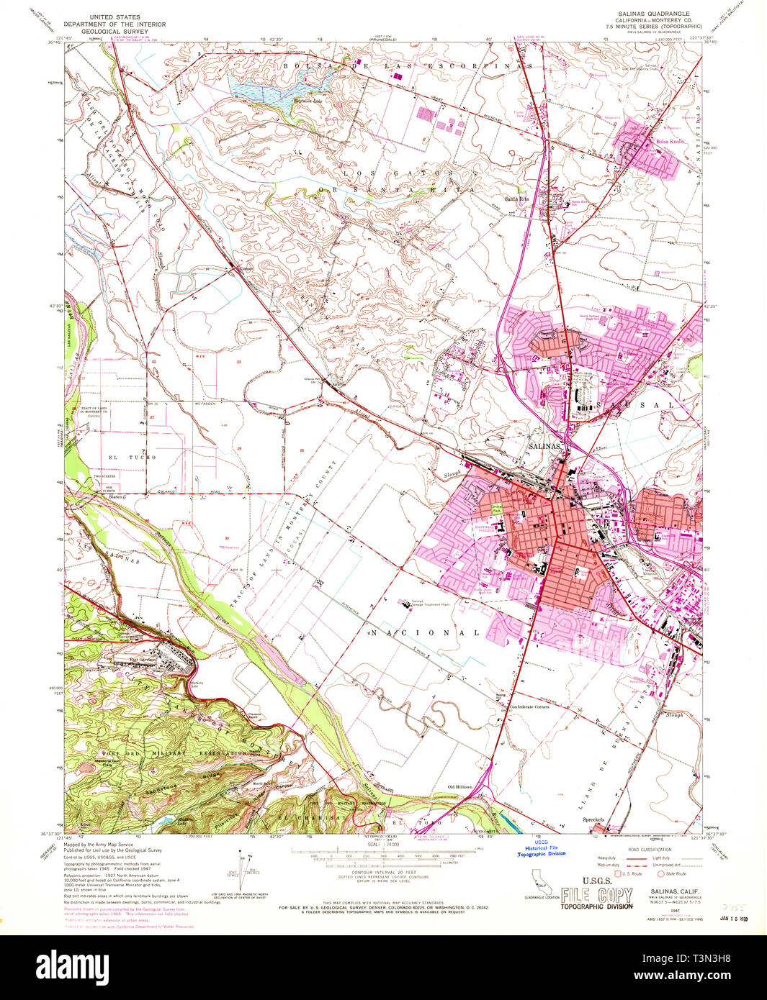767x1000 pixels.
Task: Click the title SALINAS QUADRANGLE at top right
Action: click(652, 14)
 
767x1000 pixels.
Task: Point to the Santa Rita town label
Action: click(516, 199)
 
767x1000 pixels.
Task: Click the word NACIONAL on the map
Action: click(425, 633)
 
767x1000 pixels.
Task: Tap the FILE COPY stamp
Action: click(597, 896)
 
